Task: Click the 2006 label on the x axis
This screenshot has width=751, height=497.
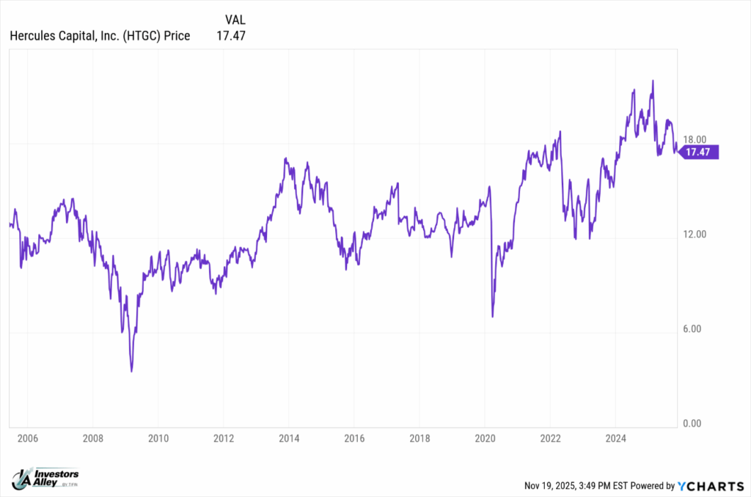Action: point(26,438)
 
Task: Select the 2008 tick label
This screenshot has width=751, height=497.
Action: point(92,438)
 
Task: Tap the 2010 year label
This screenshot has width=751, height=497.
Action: point(158,438)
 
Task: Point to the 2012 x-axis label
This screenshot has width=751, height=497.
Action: point(224,438)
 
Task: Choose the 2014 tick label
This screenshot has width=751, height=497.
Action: point(289,438)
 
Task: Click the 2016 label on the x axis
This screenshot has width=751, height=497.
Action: point(354,438)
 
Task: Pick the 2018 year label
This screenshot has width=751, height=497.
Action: point(420,438)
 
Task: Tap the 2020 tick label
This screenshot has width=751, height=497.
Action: point(485,438)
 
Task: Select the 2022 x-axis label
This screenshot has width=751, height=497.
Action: point(551,438)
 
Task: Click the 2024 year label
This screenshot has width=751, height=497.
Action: point(616,438)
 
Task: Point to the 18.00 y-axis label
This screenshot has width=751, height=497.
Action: point(694,140)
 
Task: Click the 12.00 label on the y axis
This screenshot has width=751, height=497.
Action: point(694,235)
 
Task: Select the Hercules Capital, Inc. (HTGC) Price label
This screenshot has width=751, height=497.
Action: point(99,35)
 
